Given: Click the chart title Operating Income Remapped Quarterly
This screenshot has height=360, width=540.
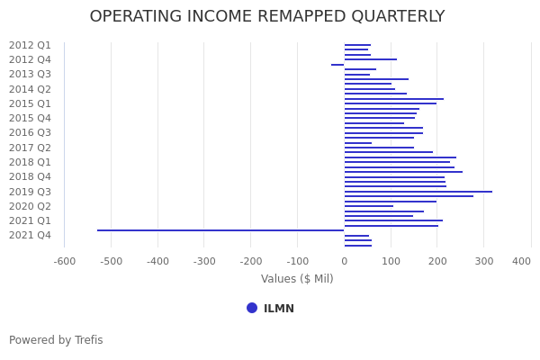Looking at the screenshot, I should click(x=267, y=17).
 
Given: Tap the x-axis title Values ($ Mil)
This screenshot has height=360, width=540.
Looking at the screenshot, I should click(x=297, y=279).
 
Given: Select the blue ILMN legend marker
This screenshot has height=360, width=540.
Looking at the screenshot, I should click(x=252, y=308).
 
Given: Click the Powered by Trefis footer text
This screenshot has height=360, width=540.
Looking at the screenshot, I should click(x=56, y=340).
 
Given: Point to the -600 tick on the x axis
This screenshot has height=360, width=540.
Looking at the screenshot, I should click(x=64, y=261).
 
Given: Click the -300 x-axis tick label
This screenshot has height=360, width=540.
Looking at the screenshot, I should click(x=204, y=261).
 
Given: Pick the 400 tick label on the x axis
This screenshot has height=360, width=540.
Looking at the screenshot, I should click(x=522, y=261).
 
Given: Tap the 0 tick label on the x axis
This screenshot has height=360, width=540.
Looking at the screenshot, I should click(x=344, y=261).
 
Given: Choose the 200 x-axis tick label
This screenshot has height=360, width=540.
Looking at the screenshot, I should click(x=437, y=261).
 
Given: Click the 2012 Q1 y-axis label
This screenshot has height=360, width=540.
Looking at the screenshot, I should click(x=30, y=45).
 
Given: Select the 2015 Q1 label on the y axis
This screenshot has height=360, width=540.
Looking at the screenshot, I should click(x=30, y=103).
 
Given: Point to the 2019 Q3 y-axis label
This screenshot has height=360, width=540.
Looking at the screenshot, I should click(x=30, y=192).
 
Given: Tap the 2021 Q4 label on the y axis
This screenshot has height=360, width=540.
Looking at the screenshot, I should click(x=30, y=236).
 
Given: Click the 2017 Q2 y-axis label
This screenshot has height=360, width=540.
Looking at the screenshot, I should click(x=30, y=148).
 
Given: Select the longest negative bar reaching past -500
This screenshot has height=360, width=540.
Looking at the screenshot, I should click(x=220, y=230).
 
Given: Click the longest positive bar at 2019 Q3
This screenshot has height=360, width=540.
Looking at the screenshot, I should click(x=418, y=192).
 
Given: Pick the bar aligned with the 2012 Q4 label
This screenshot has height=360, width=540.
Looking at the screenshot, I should click(x=370, y=59).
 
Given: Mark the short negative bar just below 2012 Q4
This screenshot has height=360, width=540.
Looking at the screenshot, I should click(x=337, y=65).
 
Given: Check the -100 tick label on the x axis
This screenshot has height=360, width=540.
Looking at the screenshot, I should click(x=298, y=261).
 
